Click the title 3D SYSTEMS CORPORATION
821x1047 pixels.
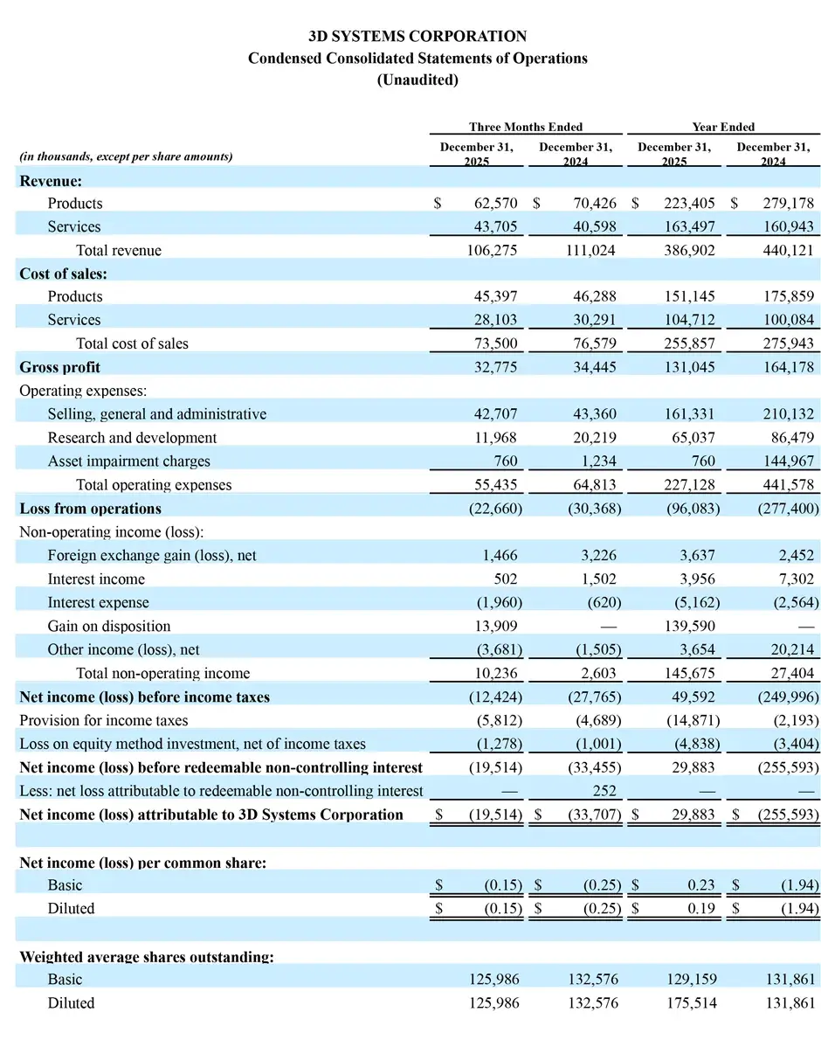click(x=417, y=36)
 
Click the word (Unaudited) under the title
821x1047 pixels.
click(x=417, y=80)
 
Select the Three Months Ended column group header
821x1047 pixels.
click(x=525, y=127)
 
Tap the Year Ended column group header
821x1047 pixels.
click(x=722, y=127)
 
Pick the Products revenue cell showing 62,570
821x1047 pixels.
click(x=495, y=203)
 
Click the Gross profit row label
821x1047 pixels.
click(x=59, y=367)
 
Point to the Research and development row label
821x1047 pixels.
click(x=132, y=437)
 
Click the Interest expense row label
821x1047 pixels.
click(x=98, y=602)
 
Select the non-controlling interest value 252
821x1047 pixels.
click(x=604, y=791)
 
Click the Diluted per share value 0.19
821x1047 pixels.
click(x=700, y=908)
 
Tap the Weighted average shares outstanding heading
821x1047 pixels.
click(x=147, y=956)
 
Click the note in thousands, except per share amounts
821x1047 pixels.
click(x=126, y=156)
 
